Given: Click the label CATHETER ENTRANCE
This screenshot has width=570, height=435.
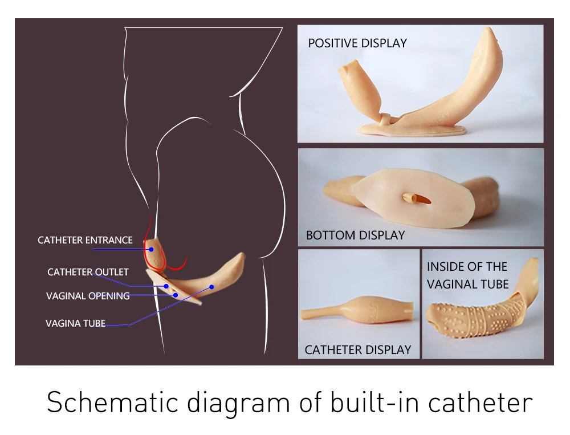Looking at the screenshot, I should coord(85,240).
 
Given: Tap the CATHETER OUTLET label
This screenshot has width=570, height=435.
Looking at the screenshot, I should coord(88,272).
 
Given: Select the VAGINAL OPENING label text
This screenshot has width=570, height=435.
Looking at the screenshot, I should coord(88,295).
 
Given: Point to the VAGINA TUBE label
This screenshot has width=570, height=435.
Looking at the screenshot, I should coord(75,323).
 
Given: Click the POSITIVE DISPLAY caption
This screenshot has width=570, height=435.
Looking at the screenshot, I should coord(357,43).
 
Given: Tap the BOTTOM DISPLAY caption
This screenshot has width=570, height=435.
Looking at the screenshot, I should coord(355,235).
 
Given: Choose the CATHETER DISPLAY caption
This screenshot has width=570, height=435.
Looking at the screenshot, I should coord(358,349).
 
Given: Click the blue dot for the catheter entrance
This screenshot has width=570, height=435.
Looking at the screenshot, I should coord(152,249).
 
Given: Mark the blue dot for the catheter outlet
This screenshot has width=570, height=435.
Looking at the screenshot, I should coord(166,286).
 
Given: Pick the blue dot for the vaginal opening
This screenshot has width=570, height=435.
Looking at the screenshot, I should coord(176,295).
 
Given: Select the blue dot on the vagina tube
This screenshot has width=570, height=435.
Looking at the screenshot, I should coord(211,287).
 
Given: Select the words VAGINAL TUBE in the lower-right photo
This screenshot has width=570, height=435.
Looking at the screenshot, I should coord(467,283).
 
